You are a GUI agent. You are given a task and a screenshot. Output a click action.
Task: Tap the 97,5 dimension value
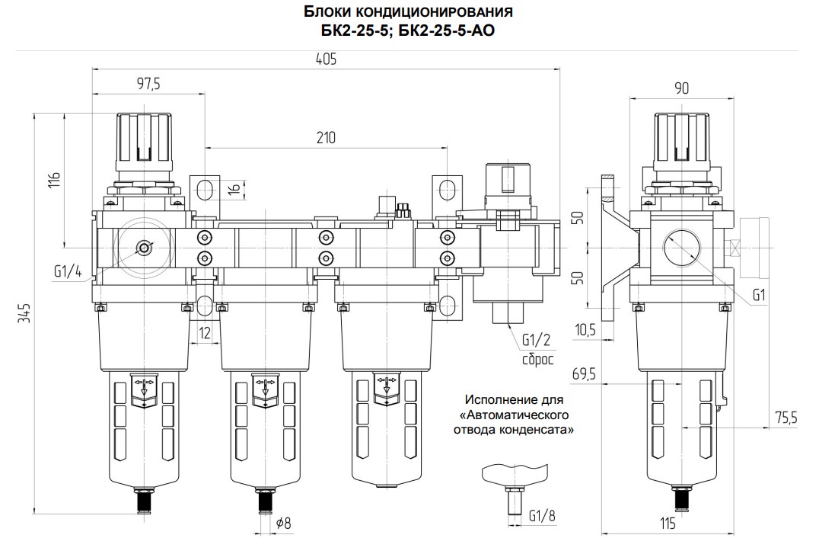pos(148,84)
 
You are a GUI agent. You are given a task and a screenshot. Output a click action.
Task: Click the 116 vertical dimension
pos(53,181)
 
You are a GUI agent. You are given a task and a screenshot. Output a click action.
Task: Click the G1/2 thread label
pos(537,341)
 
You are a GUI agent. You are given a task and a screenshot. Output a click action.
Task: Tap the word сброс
pos(537,358)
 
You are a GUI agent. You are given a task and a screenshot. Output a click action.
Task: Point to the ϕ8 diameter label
pos(283,523)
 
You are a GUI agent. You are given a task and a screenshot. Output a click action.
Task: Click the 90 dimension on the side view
pos(681,88)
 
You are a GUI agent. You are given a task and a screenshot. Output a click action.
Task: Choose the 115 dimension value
pos(669,524)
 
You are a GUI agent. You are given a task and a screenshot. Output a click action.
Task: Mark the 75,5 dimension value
pos(784,418)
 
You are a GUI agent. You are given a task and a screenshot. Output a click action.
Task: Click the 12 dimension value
pos(204,332)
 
